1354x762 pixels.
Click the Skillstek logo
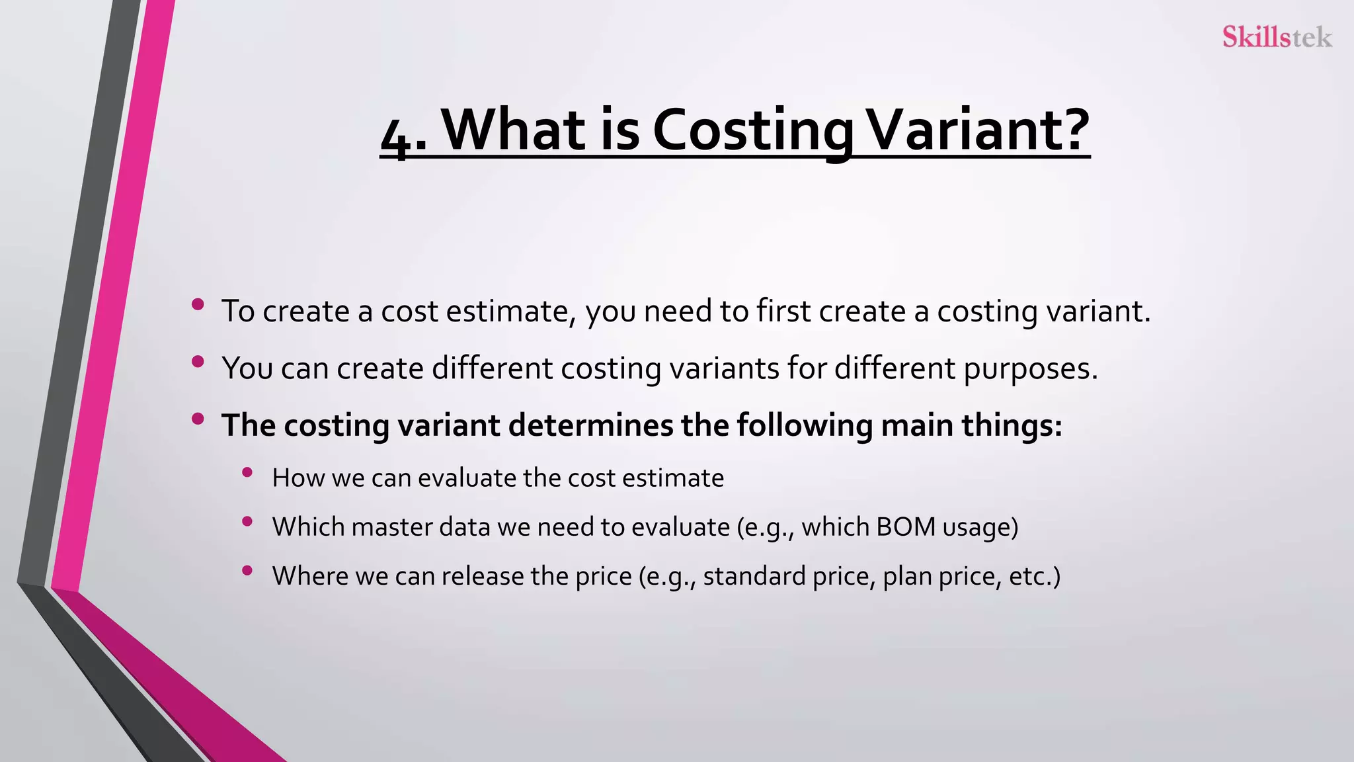tap(1277, 37)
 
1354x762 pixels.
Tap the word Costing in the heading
tap(752, 130)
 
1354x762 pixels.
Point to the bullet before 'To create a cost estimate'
tap(197, 304)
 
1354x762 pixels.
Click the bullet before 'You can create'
tap(197, 361)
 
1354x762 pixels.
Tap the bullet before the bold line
tap(197, 418)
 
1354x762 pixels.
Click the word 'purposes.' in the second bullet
tap(1031, 368)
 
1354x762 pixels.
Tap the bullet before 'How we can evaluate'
tap(247, 472)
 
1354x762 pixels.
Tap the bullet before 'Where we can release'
tap(247, 570)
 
